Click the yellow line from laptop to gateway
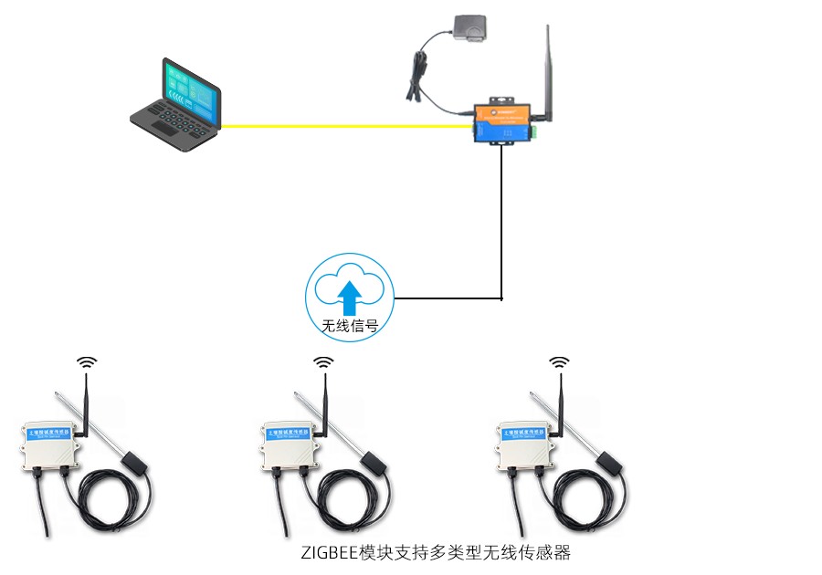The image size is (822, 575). coord(347,126)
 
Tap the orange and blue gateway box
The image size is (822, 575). coord(502,121)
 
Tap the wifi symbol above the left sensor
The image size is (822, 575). coord(87,362)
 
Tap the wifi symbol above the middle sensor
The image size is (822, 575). coord(323,362)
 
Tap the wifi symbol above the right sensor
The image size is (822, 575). coord(559,362)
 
